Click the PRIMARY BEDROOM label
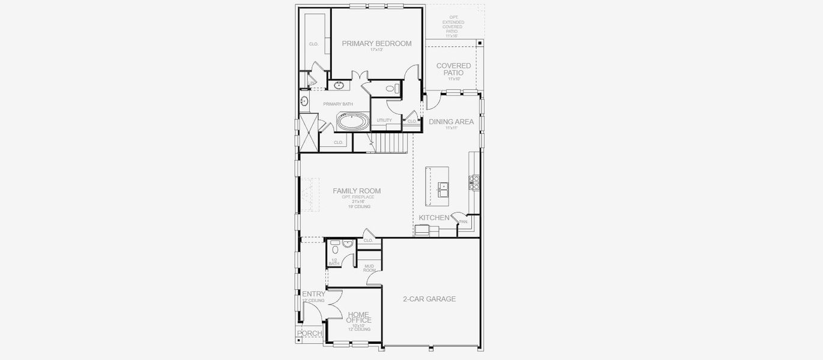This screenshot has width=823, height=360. pos(376,44)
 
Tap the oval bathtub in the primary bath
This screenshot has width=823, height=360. pos(352,122)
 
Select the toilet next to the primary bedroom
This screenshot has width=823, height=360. pos(391,89)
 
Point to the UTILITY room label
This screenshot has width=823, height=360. pos(384,121)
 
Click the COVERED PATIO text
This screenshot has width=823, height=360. pos(453,69)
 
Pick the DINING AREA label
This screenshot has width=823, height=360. pos(451,122)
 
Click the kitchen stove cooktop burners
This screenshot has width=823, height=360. pos(474,182)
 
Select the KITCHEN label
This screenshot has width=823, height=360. pos(434,218)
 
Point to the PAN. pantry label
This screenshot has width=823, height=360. pos(463,222)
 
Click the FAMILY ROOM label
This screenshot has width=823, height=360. pos(357,191)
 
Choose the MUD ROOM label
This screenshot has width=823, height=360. pos(369,269)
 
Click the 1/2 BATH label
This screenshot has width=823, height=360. pos(334,262)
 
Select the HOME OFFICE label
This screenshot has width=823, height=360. pos(358,317)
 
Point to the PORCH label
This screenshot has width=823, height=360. pos(310,334)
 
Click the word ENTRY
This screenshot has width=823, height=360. pos(313,294)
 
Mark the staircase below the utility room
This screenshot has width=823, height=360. pos(391,143)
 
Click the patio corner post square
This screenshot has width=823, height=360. pos(480,43)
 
